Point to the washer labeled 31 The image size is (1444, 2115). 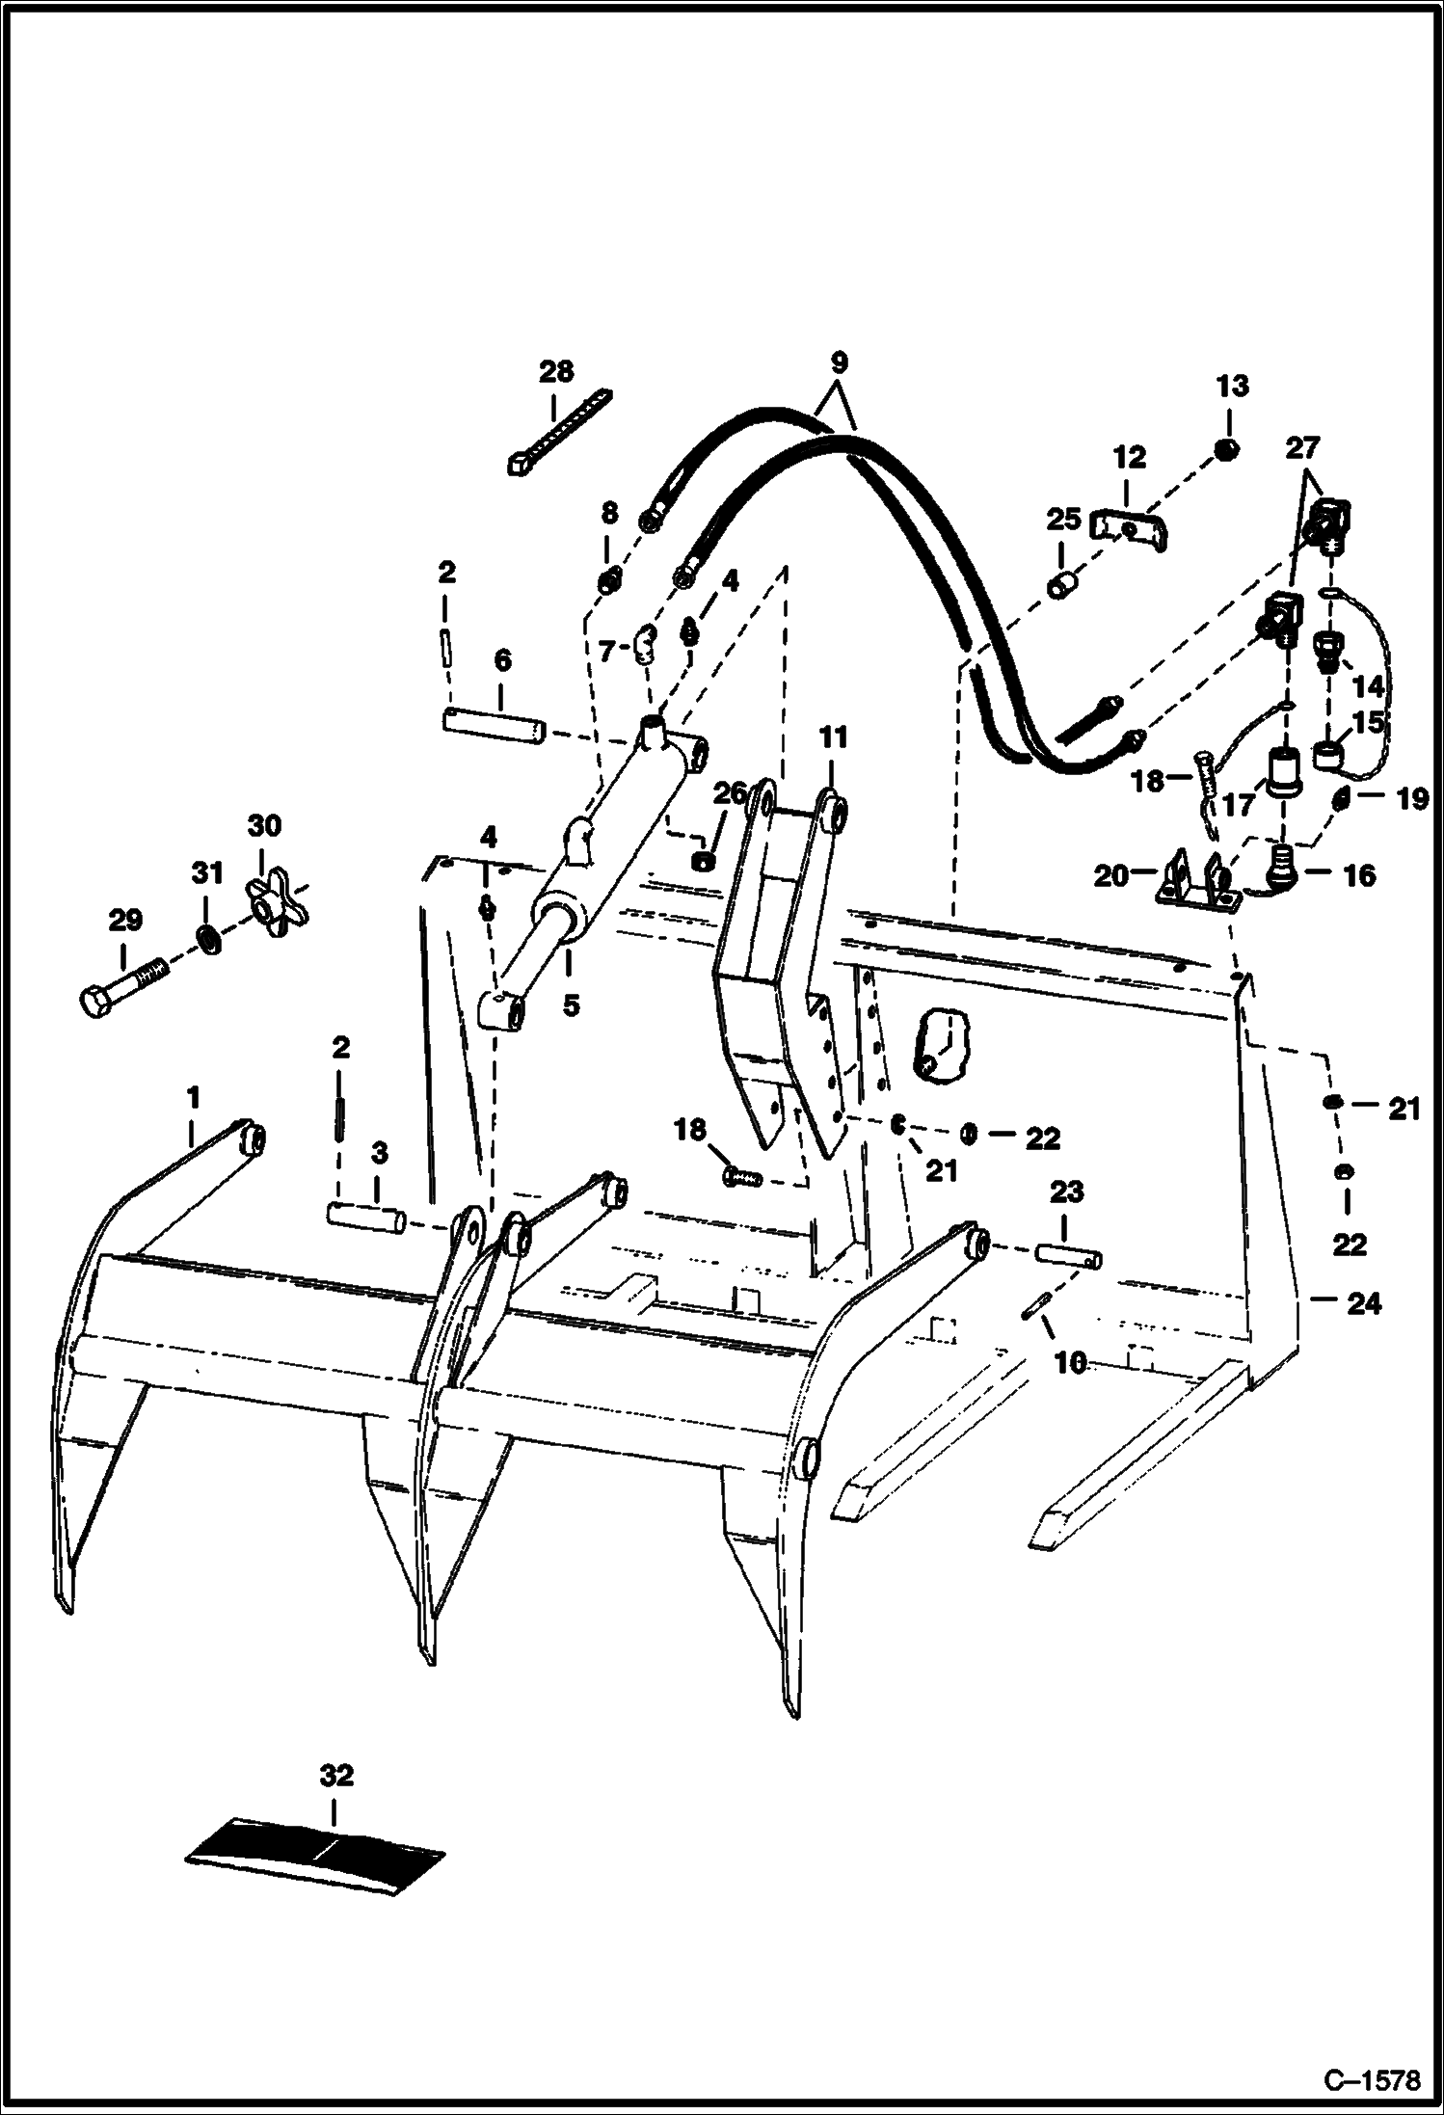pyautogui.click(x=205, y=937)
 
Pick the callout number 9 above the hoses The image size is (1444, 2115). pyautogui.click(x=838, y=363)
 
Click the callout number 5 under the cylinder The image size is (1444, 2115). pyautogui.click(x=571, y=1005)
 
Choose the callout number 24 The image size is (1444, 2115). pyautogui.click(x=1364, y=1304)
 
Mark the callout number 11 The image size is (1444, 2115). pyautogui.click(x=833, y=738)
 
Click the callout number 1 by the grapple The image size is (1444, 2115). pyautogui.click(x=193, y=1097)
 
